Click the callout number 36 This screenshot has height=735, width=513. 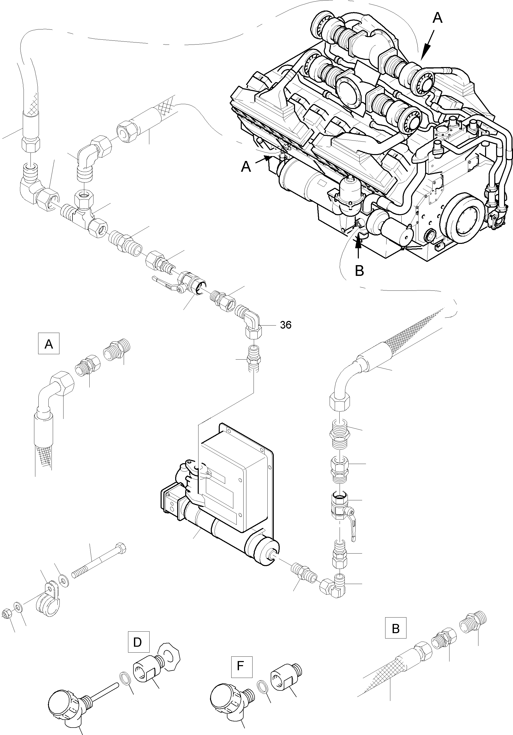[286, 325]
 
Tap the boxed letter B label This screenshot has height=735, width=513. [395, 628]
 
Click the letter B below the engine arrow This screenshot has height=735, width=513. [360, 271]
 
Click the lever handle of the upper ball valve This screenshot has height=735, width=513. [163, 282]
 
